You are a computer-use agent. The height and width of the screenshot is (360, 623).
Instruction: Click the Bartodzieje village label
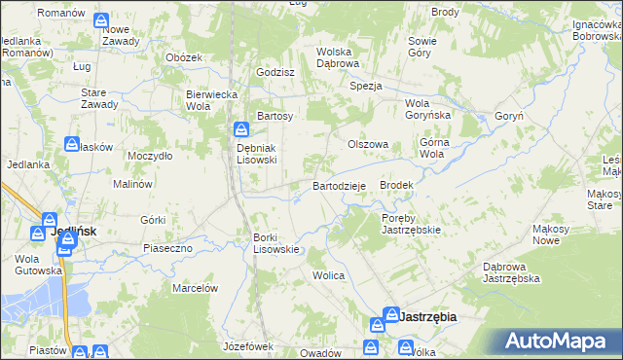click(339, 185)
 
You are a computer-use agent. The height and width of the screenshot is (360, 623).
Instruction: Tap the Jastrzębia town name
click(428, 316)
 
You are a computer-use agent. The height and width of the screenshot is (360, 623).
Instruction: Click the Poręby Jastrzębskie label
click(411, 224)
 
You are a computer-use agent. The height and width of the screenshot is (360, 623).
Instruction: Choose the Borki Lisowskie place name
click(275, 242)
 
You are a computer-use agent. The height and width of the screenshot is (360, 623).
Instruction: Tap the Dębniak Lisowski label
click(258, 154)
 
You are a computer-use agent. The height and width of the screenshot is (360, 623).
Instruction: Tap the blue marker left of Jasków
click(73, 144)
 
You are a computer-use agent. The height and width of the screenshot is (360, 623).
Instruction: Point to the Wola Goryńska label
click(429, 109)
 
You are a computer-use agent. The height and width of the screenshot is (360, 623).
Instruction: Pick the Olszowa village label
click(369, 144)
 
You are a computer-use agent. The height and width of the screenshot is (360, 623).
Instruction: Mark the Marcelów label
click(194, 288)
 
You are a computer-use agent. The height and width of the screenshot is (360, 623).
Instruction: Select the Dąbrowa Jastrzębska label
click(511, 271)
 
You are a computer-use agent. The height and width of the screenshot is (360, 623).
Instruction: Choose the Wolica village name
click(328, 275)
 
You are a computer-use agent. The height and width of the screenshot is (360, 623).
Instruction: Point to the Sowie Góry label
click(421, 47)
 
